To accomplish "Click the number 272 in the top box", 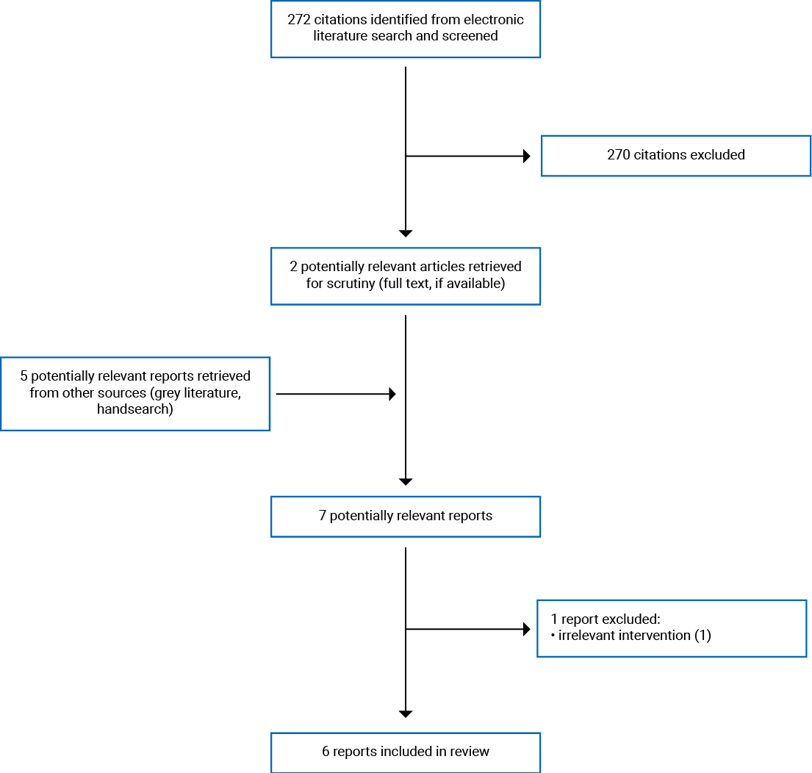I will (300, 19).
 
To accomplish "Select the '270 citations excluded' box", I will (675, 156).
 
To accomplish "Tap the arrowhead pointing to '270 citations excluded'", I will (526, 156).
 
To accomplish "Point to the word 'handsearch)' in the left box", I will (135, 409).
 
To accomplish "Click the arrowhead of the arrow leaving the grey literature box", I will (392, 395).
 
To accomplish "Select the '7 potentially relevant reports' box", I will (405, 516).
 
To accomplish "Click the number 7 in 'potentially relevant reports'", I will (323, 516).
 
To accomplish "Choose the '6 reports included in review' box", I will (405, 752).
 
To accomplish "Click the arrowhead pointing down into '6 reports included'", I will (406, 713).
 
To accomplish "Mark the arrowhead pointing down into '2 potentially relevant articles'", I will (406, 233).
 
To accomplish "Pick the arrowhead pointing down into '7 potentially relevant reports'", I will (406, 481).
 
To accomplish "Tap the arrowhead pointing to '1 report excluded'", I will (526, 630).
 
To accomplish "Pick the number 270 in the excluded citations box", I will (619, 155).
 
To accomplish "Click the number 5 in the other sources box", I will (24, 376).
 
